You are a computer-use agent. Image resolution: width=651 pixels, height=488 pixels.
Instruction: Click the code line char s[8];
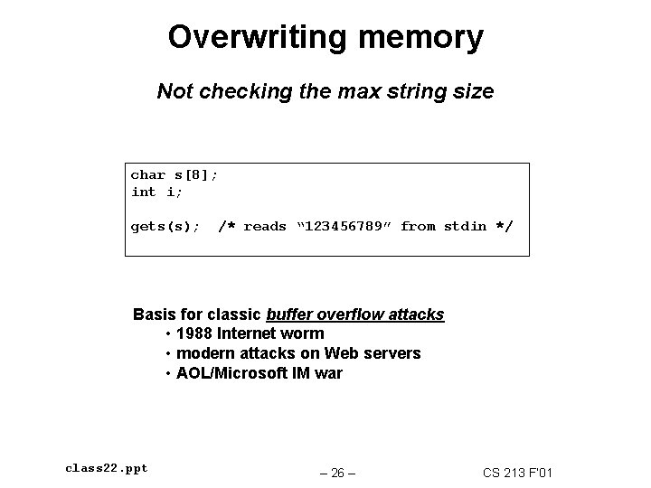pos(175,174)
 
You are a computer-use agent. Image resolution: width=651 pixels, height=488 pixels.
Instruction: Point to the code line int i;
pos(156,192)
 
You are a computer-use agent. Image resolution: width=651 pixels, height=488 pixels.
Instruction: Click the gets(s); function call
pos(165,226)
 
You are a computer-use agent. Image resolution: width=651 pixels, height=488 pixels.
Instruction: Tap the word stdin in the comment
pos(465,226)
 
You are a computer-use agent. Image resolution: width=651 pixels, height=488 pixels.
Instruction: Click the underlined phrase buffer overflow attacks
pos(355,314)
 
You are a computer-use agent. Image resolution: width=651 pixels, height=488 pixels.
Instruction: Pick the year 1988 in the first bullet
pos(196,333)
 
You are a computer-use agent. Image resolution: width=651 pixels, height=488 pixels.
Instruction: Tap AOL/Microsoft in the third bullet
pos(230,373)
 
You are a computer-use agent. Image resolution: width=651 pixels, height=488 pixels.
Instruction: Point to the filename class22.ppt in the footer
pos(107,468)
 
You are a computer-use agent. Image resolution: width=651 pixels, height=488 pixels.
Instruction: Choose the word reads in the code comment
pos(265,226)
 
